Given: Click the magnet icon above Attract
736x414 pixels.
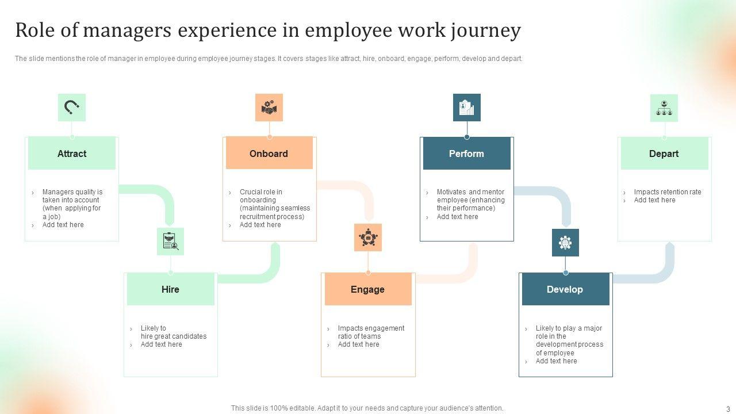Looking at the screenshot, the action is point(72,108).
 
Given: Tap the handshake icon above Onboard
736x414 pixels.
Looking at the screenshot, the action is point(269,108).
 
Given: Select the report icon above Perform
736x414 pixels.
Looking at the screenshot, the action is point(466,108).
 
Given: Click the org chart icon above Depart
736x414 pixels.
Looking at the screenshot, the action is point(664,108).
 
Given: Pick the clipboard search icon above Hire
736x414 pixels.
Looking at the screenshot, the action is point(170,241).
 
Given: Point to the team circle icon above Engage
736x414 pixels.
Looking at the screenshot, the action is point(367,237).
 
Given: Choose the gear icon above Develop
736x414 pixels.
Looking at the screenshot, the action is point(565,243).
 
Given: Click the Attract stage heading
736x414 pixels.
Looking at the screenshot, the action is point(72,154).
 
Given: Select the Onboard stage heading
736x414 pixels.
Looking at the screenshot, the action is point(269,154).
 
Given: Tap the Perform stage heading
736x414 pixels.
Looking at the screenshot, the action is point(466,154).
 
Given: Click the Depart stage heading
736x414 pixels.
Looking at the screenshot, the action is point(664,154).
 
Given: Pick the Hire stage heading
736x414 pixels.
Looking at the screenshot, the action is point(170,289).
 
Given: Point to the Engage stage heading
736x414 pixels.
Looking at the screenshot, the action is point(367,289).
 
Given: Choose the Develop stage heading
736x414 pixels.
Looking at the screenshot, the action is point(565,289).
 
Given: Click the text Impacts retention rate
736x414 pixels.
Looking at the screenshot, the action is point(668,192).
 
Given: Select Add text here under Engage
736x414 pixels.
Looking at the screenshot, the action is point(358,344).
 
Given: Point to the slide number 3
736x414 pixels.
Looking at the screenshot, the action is point(728,409).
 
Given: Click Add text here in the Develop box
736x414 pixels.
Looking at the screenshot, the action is point(556,361).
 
